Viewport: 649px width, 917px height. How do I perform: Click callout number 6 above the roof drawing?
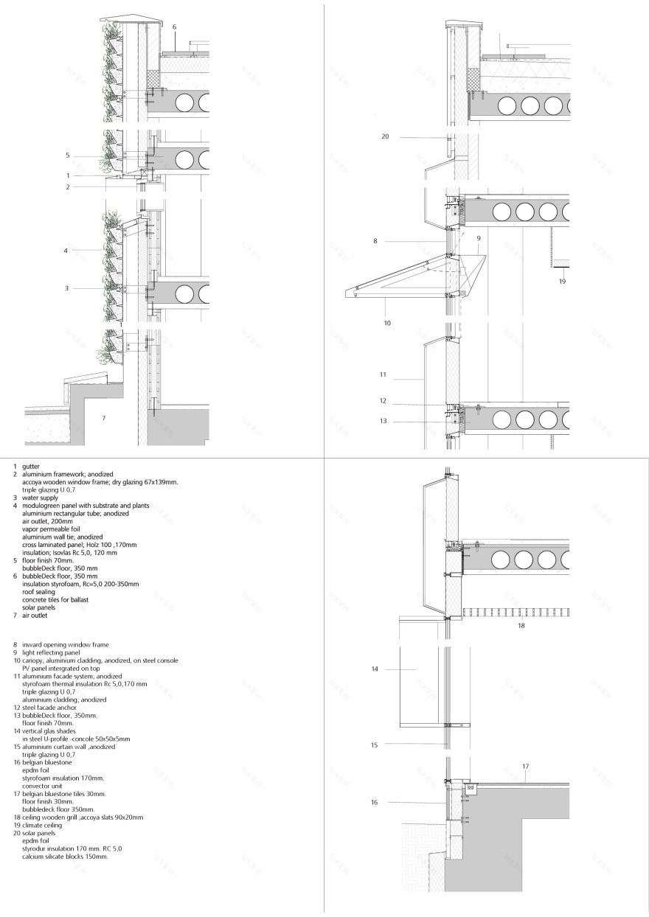175,27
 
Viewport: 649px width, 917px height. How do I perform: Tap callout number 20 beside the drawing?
385,136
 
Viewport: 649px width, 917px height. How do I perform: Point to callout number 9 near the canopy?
479,238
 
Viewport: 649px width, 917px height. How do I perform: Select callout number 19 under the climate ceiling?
562,282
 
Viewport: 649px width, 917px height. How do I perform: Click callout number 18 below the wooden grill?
521,625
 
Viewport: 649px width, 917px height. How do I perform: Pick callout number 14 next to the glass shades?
375,669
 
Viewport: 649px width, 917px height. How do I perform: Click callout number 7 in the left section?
103,418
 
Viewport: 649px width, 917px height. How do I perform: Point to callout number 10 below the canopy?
387,323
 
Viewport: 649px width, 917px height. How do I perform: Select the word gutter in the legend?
31,467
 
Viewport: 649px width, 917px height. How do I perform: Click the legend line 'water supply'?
40,498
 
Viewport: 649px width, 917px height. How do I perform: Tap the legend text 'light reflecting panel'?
51,652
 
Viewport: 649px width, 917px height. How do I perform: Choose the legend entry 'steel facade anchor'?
49,708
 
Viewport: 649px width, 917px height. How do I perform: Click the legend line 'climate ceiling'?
42,826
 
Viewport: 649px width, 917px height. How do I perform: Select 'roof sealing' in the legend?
38,592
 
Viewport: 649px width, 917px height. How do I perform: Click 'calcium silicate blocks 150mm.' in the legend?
65,857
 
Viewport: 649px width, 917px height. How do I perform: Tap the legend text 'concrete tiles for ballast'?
55,600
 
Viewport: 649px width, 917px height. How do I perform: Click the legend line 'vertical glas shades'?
49,731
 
